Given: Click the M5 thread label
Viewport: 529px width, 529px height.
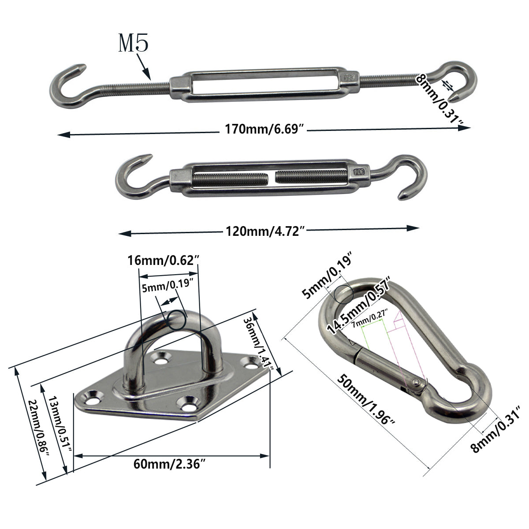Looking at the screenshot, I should [x=134, y=44].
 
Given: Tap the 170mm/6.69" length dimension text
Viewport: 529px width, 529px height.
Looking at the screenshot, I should [x=264, y=130].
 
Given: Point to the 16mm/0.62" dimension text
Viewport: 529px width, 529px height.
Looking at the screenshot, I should [x=164, y=260].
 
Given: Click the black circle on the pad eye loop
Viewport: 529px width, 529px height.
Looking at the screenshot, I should [x=177, y=319].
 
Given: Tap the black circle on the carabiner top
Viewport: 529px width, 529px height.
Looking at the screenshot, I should [x=343, y=294].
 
